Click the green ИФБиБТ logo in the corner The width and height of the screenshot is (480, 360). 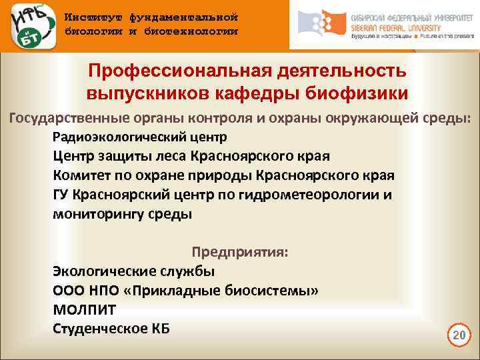tap(29, 25)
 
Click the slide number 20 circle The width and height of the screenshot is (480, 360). tap(458, 335)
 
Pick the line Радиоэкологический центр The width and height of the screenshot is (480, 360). tap(139, 137)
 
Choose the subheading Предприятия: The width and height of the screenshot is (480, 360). tap(240, 253)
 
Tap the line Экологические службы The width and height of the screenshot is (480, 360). tap(133, 271)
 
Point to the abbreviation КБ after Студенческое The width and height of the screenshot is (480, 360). tap(160, 328)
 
